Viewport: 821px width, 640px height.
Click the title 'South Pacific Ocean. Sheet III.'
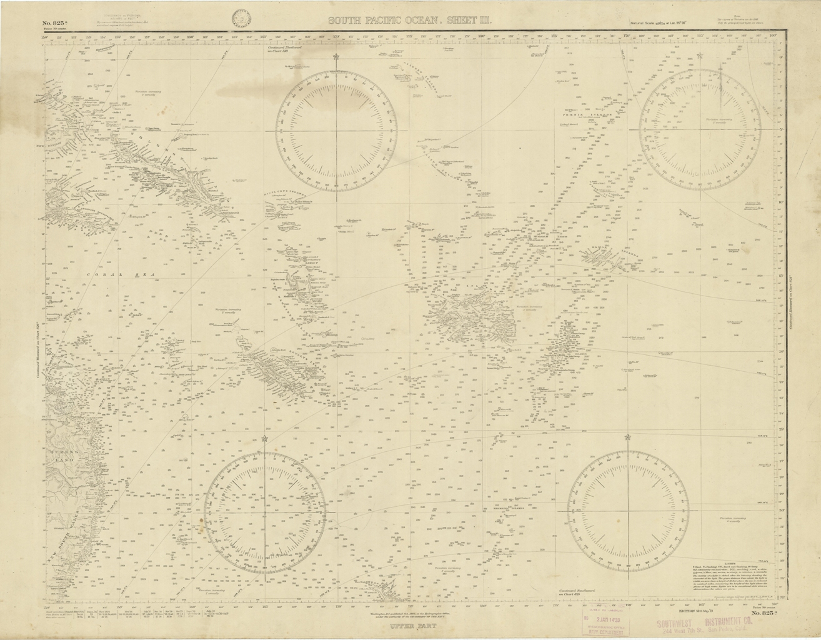coord(410,21)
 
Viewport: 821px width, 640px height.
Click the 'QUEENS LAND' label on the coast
coord(62,455)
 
